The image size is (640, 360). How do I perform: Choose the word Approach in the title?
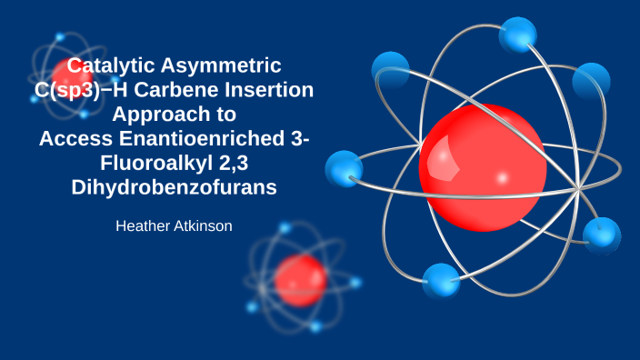coord(173,115)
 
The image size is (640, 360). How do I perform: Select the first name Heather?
coord(143,225)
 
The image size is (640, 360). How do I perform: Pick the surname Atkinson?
coord(203,225)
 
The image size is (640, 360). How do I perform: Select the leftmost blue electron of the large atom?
coord(344,169)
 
